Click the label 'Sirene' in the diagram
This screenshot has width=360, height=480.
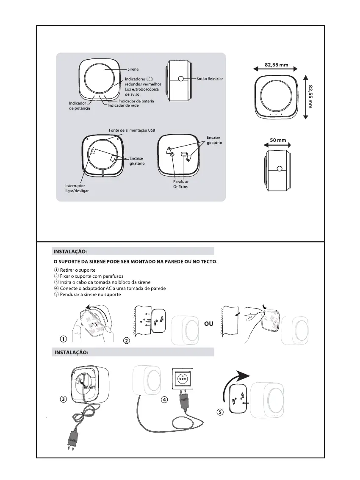[x=133, y=69]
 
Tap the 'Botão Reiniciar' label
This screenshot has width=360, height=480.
[x=209, y=79]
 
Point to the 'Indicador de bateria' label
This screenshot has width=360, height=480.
[x=136, y=101]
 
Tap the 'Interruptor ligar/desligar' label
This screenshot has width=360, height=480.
[x=77, y=188]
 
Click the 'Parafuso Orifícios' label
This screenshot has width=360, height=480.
[x=180, y=184]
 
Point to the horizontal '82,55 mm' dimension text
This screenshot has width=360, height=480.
[x=276, y=65]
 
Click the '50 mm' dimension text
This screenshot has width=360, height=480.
[x=278, y=140]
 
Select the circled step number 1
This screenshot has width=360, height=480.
[x=63, y=339]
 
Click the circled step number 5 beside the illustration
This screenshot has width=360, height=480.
[x=220, y=413]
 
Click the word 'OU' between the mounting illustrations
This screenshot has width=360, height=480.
[x=208, y=324]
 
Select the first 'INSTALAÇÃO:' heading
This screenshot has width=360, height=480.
[x=70, y=251]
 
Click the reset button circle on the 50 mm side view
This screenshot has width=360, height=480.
[x=279, y=169]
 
